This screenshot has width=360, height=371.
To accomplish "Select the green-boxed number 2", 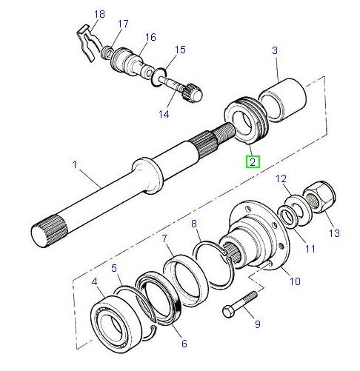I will [253, 162].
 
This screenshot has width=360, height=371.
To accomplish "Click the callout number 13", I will [334, 233].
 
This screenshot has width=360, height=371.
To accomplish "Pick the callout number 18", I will [101, 15].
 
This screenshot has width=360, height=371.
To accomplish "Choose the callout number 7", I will [164, 238].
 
